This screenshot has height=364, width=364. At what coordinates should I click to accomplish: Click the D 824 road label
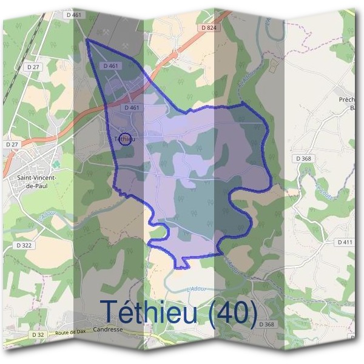[208, 27]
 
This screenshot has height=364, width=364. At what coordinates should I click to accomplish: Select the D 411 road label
[344, 241]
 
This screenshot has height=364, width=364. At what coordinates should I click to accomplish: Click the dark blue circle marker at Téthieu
[125, 139]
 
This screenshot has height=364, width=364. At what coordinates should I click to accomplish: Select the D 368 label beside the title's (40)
[266, 325]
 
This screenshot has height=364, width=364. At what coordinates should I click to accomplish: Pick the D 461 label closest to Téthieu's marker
[132, 107]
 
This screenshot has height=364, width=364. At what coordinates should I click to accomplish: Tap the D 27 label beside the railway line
[33, 66]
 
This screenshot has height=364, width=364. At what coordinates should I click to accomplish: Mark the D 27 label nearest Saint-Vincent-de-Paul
[12, 144]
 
